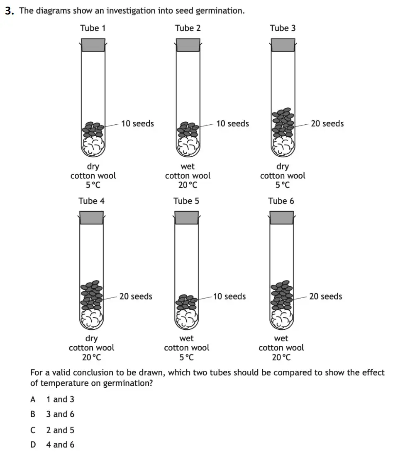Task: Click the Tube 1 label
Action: (93, 28)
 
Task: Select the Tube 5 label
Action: (186, 201)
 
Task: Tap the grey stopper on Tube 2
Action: (188, 45)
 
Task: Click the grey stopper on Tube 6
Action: (282, 217)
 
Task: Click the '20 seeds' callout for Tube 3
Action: (327, 123)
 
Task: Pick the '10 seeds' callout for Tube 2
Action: (232, 123)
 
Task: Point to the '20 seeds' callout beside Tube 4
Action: (136, 296)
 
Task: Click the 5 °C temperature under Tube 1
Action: (93, 185)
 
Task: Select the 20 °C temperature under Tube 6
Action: (281, 357)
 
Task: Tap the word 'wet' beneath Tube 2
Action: (188, 166)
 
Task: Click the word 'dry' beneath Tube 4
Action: (91, 339)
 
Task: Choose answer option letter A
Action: (33, 399)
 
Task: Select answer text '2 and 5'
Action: (60, 430)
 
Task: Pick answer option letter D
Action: (33, 444)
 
